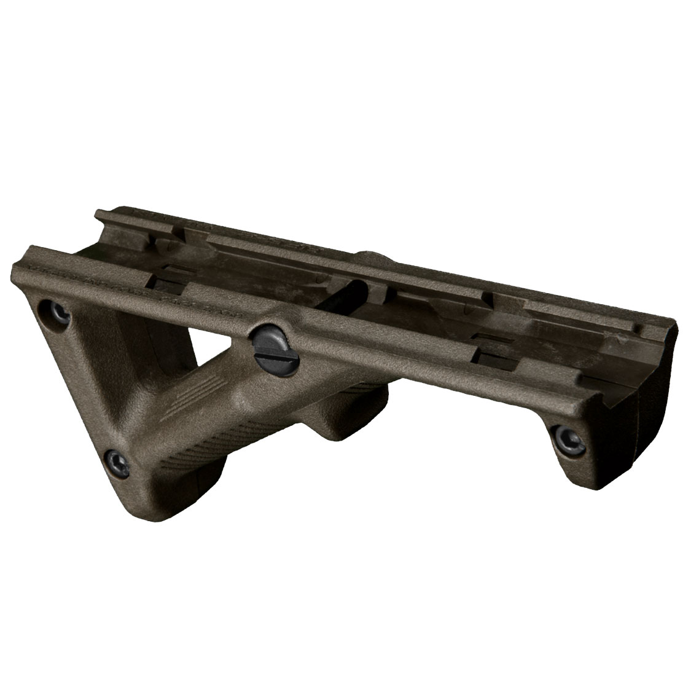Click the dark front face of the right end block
(x=657, y=393)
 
